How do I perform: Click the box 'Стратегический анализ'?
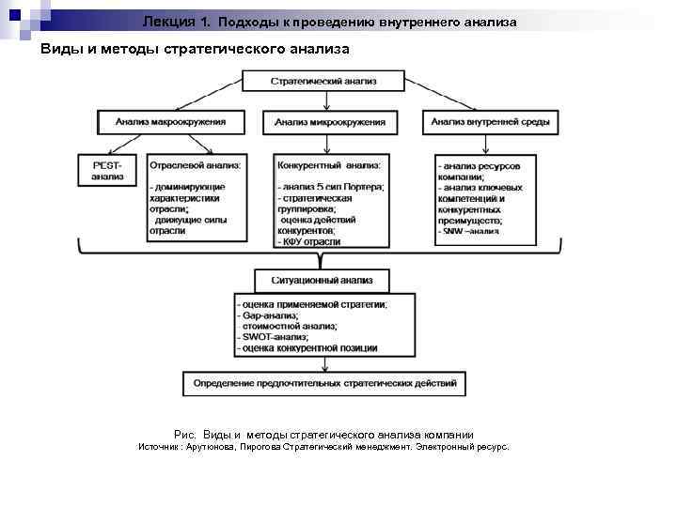[323, 82]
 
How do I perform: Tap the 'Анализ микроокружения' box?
[329, 122]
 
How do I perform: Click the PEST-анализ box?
[108, 171]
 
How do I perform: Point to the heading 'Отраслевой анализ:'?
[195, 165]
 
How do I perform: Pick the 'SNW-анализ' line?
[470, 230]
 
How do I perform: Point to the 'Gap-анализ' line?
[268, 315]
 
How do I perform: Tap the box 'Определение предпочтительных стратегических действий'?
[323, 383]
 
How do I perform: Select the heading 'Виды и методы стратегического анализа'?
[194, 49]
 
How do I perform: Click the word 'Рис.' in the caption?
[184, 435]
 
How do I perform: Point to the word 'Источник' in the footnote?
[161, 448]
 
